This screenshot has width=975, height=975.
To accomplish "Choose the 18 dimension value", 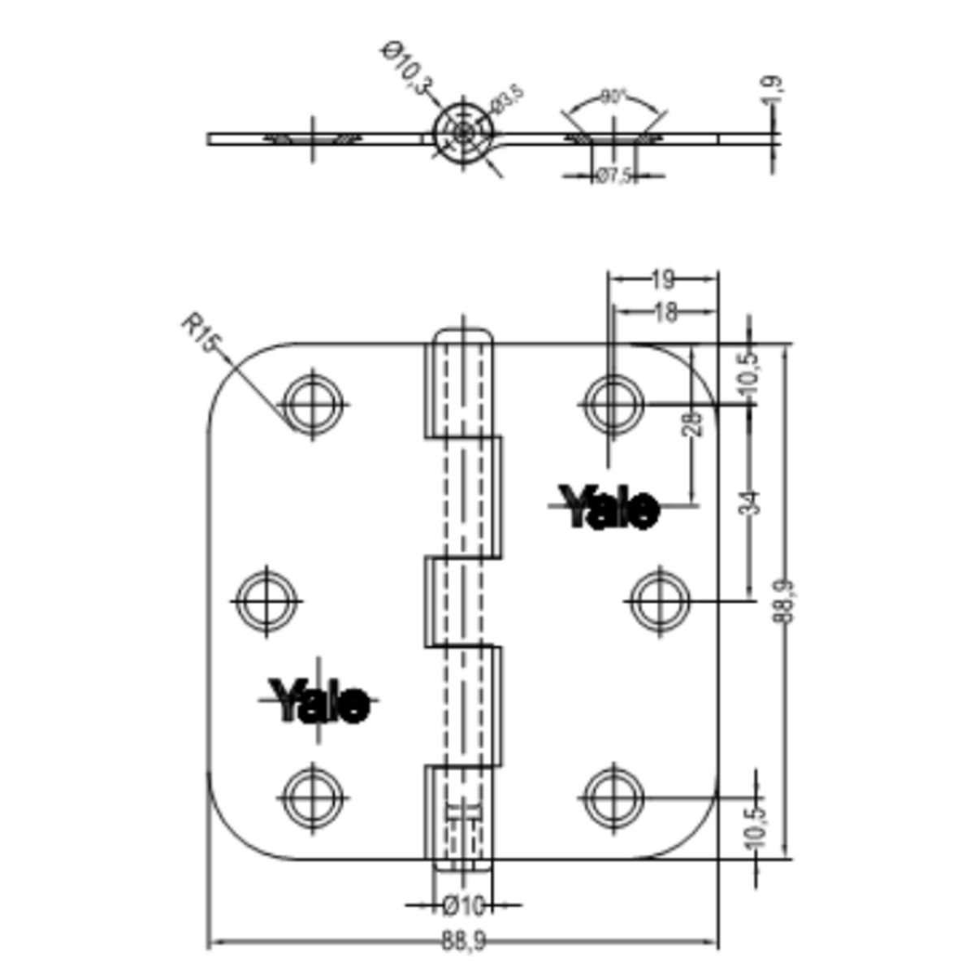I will (665, 312).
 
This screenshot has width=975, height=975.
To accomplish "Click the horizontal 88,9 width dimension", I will (464, 942).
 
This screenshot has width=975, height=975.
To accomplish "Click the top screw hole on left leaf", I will (311, 403).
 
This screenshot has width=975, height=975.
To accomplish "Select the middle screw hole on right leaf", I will (660, 600).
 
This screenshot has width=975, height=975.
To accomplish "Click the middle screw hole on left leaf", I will (266, 600).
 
